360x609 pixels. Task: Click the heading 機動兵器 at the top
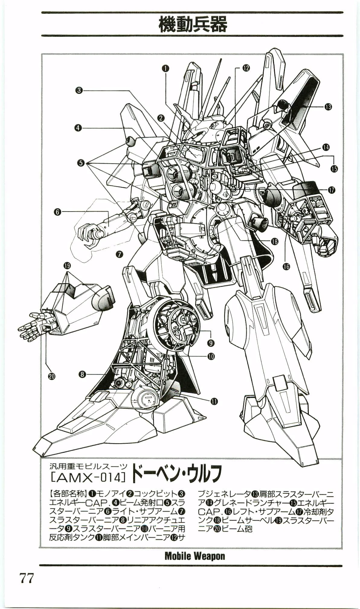point(192,24)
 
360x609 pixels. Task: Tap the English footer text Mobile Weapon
point(194,556)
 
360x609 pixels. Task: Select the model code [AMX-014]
point(87,477)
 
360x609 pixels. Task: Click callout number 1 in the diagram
point(165,68)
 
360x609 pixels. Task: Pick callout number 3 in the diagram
point(79,90)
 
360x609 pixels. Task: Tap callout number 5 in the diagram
point(81,163)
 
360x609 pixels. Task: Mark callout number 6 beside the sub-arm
point(57,212)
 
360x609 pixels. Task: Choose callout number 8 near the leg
point(82,375)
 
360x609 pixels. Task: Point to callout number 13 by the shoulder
point(328,106)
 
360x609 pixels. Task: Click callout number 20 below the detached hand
point(52,376)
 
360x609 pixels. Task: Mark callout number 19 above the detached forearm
point(67,266)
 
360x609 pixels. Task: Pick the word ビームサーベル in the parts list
point(246,520)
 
